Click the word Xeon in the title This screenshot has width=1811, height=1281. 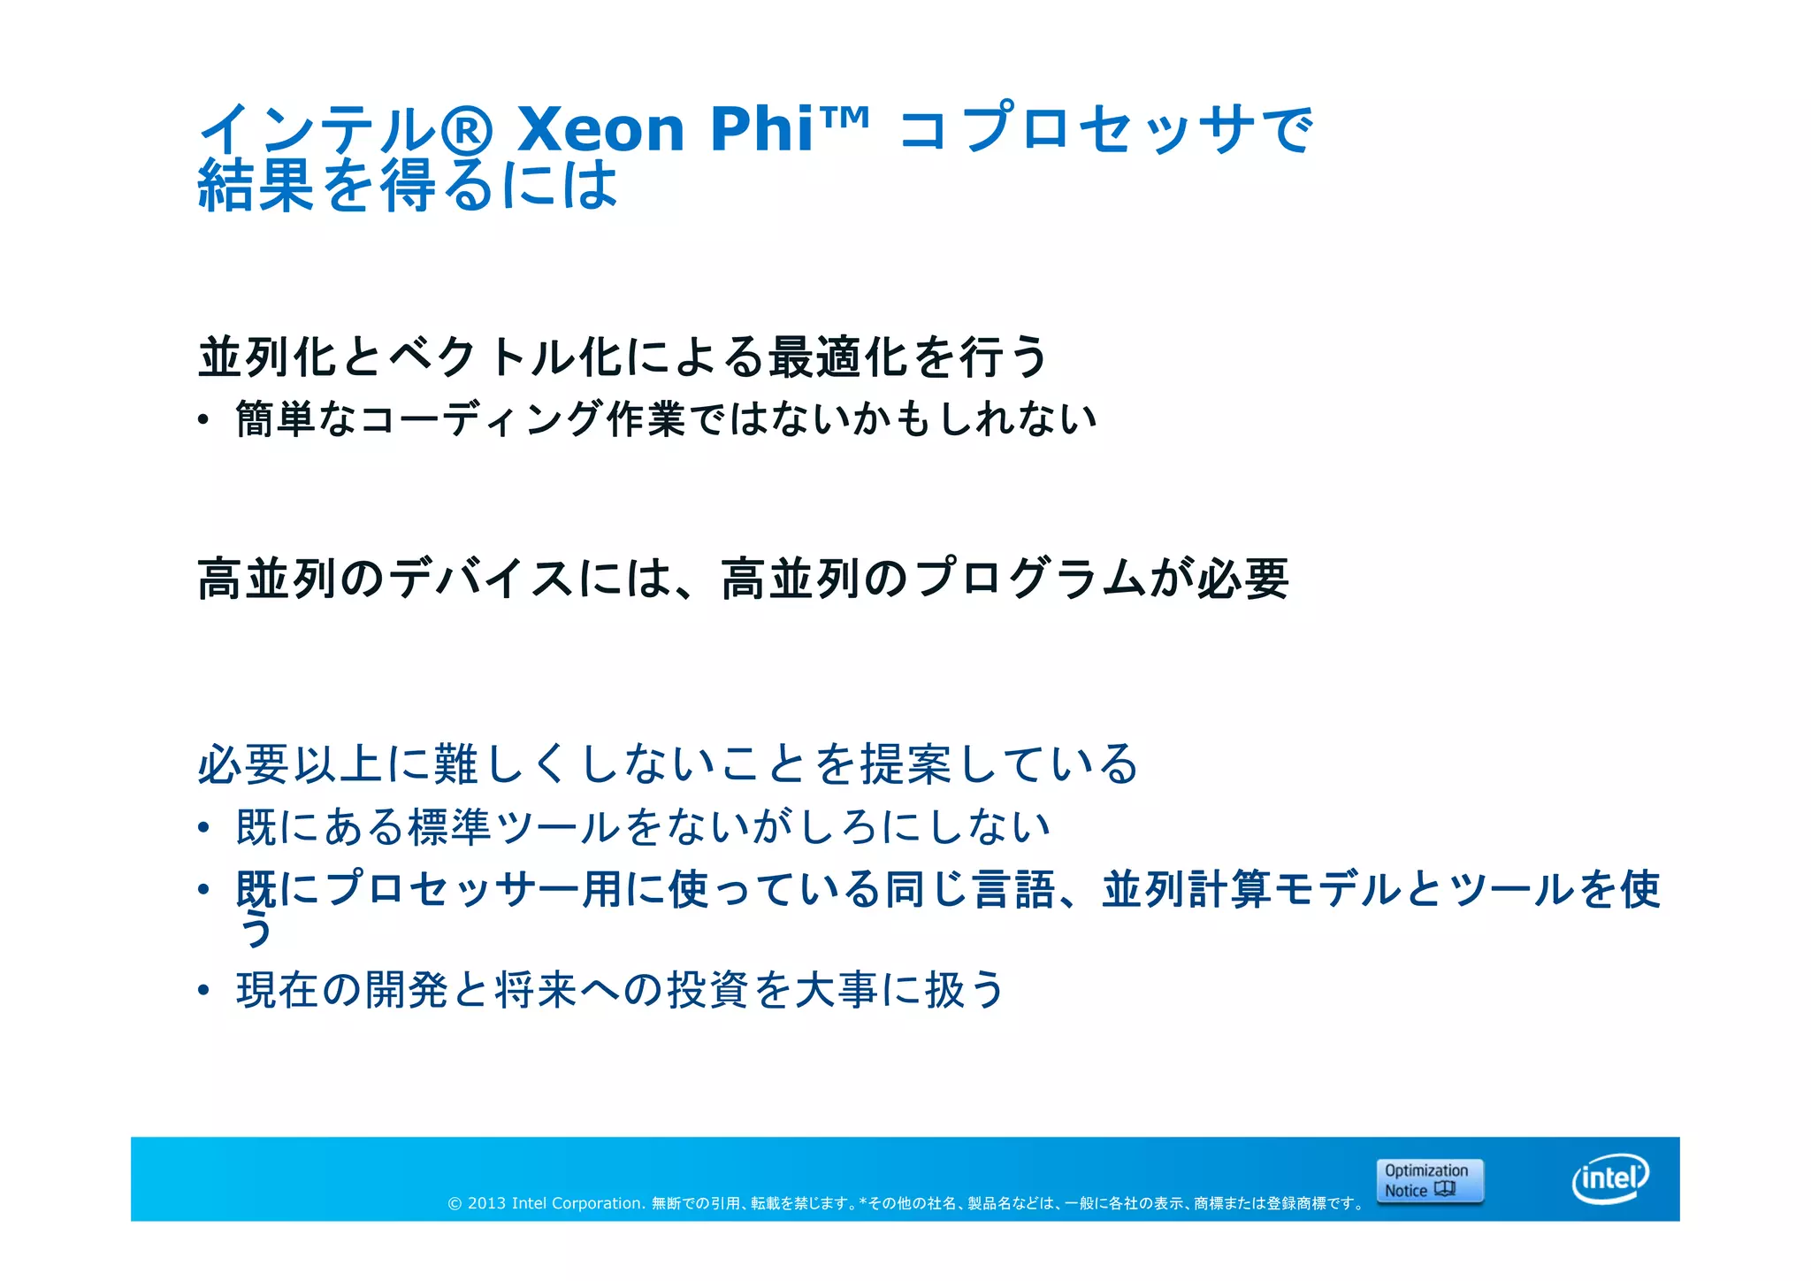601,129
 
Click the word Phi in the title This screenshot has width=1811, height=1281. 761,129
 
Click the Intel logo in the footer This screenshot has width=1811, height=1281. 1610,1178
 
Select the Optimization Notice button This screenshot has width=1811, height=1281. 1429,1181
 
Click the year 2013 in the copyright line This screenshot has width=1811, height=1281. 486,1203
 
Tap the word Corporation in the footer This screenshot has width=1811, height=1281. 597,1203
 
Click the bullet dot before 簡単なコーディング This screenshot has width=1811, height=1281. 203,420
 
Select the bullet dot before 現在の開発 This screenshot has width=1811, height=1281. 203,990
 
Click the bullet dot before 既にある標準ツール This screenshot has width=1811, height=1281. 203,828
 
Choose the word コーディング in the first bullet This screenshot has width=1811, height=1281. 482,418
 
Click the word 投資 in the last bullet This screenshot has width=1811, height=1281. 707,989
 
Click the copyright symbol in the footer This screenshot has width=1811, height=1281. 455,1203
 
